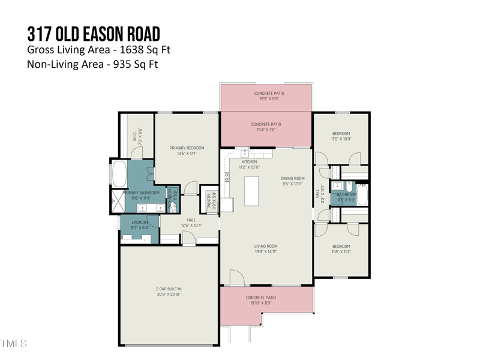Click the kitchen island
(x=251, y=191)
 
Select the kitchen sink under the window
(x=245, y=154)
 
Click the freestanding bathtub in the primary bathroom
(x=119, y=173)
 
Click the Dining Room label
(x=293, y=178)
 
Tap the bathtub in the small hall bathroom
(x=362, y=195)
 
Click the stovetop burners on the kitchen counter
(x=227, y=177)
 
